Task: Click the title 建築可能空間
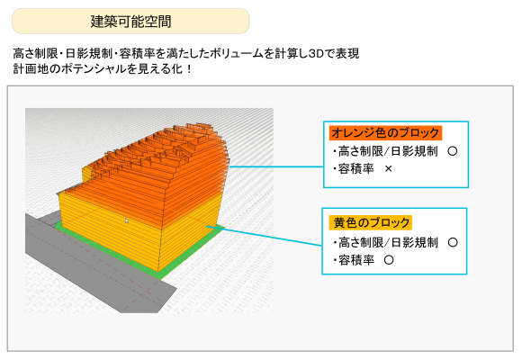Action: click(x=130, y=22)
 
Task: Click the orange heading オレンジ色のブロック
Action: click(x=385, y=133)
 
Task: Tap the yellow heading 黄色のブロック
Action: click(x=371, y=222)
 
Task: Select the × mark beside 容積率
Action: click(x=388, y=169)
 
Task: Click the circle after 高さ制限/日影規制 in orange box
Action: click(x=453, y=151)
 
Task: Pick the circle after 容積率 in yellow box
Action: click(x=389, y=260)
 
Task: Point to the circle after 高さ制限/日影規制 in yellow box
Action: click(x=453, y=242)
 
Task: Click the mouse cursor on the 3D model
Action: click(x=127, y=220)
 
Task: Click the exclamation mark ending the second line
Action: click(x=189, y=69)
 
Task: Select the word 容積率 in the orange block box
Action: click(x=355, y=169)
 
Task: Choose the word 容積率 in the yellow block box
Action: click(x=356, y=260)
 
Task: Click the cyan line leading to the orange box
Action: click(x=276, y=166)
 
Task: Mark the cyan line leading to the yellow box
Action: click(x=265, y=236)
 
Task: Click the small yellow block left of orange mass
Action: click(x=86, y=173)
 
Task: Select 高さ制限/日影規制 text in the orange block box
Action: click(x=388, y=151)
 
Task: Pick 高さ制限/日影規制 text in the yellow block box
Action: click(x=388, y=242)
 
